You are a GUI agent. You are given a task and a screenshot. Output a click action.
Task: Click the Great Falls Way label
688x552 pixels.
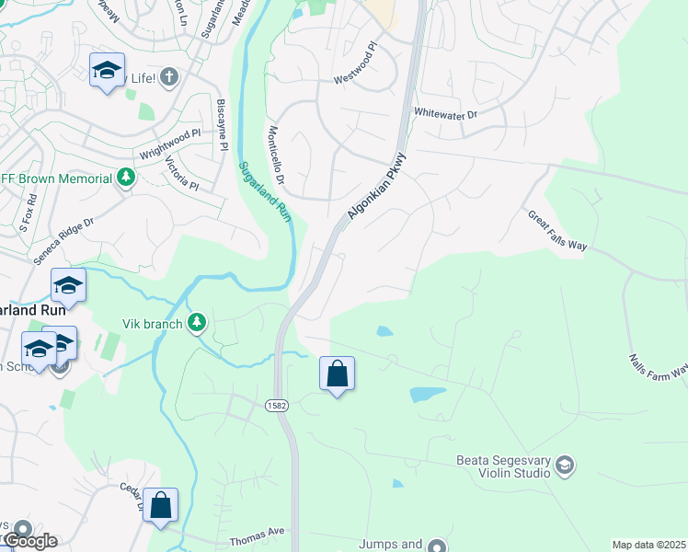coord(557,231)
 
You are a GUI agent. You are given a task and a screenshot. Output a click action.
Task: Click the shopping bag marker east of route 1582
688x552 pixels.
coord(338,374)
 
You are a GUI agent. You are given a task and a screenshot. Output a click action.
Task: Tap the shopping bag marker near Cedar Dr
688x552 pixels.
coord(160,505)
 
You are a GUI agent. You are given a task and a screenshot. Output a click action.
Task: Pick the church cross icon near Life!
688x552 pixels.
coord(168,77)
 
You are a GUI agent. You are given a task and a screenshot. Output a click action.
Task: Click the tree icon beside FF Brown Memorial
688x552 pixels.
coord(126,177)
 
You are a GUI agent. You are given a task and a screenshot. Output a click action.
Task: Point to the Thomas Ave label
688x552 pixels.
coord(258,532)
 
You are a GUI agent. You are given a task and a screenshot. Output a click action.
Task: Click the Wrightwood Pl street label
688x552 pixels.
coord(169,144)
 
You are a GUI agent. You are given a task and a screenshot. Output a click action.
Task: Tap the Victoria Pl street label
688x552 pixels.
coord(181,173)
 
